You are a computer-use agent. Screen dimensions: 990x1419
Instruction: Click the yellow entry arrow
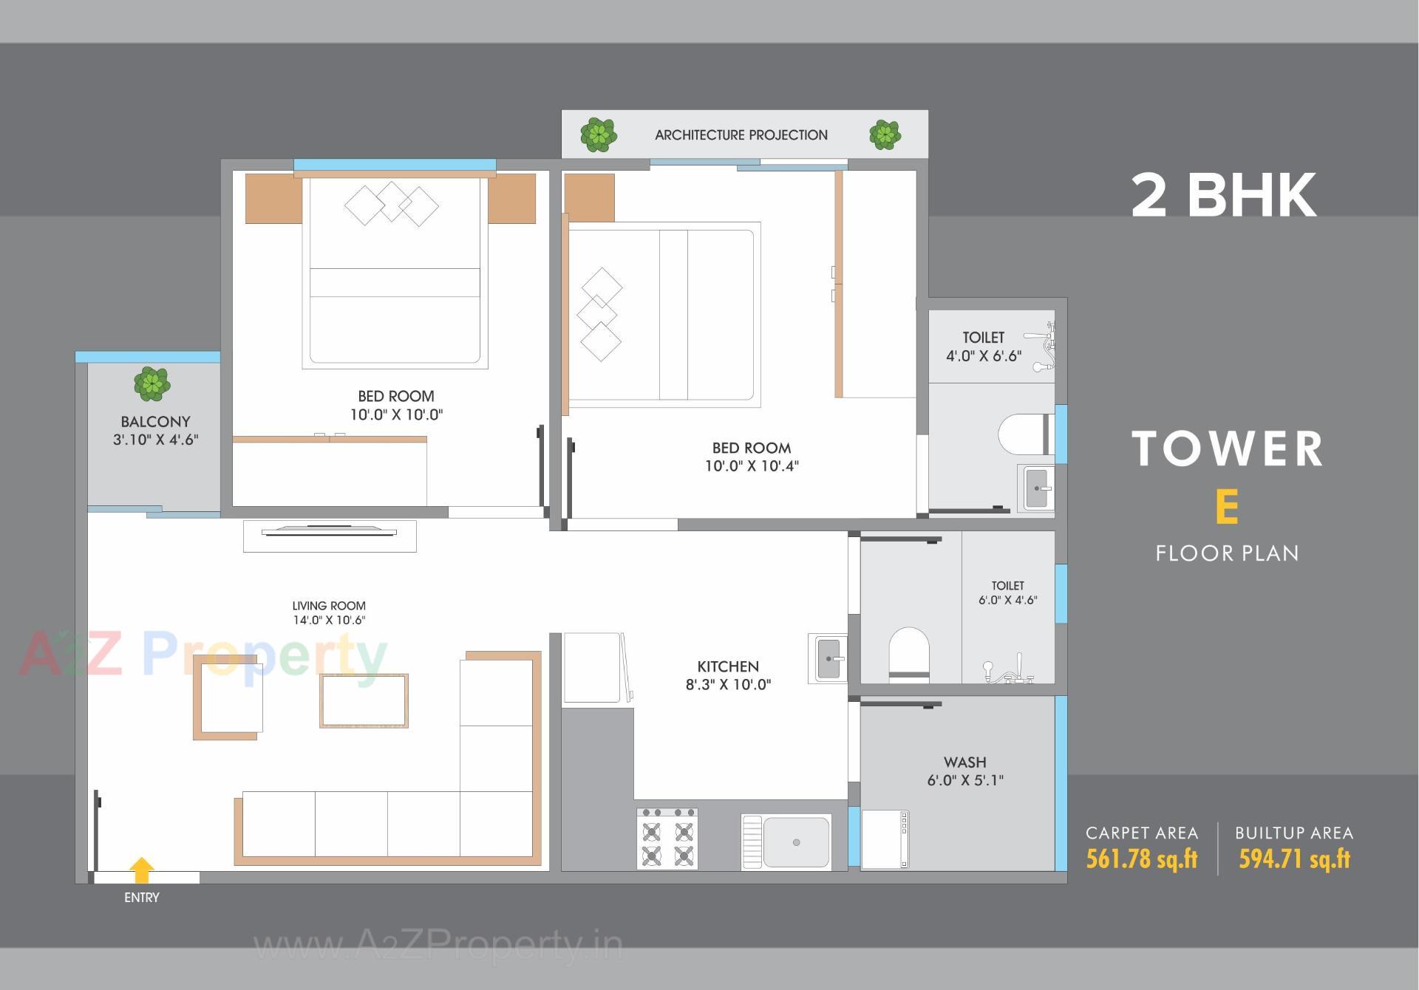(141, 870)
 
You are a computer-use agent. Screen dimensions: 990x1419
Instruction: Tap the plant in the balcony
(152, 384)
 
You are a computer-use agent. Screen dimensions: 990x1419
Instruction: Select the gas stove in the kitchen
(667, 839)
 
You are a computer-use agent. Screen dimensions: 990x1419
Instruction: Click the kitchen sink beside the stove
(786, 841)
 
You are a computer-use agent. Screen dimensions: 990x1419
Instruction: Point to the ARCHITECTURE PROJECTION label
(741, 135)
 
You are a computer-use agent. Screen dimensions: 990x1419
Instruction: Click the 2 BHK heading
(1223, 195)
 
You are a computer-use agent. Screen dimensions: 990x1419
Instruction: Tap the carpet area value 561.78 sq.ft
(1141, 858)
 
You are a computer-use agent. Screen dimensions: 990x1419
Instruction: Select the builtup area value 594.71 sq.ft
(1294, 858)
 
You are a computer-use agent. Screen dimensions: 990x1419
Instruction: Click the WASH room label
(964, 762)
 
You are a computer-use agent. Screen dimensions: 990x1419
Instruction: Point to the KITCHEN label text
(727, 666)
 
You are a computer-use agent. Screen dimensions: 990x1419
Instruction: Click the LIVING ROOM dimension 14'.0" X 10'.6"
(329, 621)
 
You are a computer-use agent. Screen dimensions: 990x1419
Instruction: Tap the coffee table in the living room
(364, 700)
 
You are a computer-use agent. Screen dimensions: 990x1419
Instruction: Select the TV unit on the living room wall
(330, 535)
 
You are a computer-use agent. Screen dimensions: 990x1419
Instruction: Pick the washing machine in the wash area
(885, 839)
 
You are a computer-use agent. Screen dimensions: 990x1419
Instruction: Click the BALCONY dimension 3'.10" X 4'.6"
(155, 440)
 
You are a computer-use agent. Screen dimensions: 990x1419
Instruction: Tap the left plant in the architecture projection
(598, 134)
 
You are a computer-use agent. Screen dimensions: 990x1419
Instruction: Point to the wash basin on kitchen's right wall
(828, 658)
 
